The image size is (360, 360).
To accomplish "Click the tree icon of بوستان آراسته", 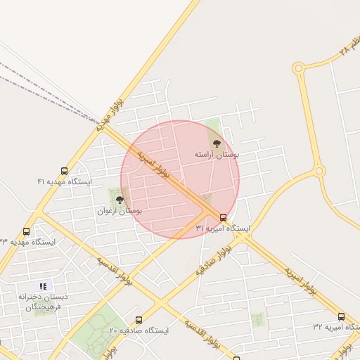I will point(216,143).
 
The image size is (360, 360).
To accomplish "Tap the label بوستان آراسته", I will point(217,153).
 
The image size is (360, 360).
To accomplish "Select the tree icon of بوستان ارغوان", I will point(119,200).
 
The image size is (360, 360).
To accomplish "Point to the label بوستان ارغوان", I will point(120,210).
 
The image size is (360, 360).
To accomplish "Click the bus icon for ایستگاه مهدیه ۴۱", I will point(65,171).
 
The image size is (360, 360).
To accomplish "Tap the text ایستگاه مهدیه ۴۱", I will point(65,181).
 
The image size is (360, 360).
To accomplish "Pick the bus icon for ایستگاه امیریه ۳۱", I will point(223,217).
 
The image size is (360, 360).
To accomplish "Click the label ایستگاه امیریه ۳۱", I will point(223,229).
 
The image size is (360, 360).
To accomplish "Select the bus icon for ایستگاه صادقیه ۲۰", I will point(139,319).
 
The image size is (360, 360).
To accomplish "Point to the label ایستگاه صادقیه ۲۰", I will point(139,330).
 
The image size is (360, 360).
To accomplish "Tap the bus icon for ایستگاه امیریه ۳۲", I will point(341,316).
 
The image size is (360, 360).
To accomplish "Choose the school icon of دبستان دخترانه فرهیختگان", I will point(44,286).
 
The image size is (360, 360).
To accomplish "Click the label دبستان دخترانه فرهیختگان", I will point(44,302).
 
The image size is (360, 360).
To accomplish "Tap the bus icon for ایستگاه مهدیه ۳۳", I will point(27,231).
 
